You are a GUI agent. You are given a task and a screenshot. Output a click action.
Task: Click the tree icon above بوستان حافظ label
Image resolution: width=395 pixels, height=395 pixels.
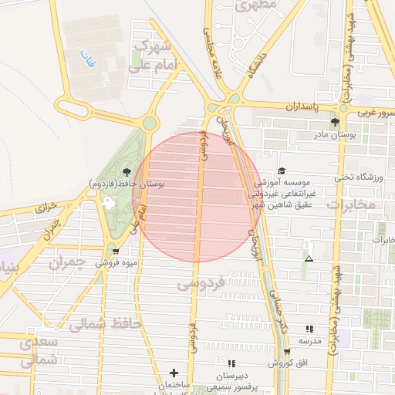pyautogui.click(x=126, y=172)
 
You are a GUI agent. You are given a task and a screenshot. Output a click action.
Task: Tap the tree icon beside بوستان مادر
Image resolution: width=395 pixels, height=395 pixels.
pyautogui.click(x=335, y=122)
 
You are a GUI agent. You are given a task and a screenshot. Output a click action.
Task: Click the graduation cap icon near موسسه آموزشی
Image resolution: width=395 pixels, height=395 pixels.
pyautogui.click(x=282, y=170)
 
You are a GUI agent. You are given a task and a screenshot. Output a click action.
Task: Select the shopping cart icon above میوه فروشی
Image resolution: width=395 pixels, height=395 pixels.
pyautogui.click(x=115, y=251)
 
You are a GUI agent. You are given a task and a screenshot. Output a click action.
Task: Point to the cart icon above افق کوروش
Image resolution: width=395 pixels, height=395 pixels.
pyautogui.click(x=287, y=352)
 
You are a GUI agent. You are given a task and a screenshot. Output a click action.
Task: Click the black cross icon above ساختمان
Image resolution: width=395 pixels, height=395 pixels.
pyautogui.click(x=174, y=373)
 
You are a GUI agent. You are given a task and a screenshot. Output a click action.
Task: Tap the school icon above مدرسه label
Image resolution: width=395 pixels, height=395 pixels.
pyautogui.click(x=309, y=329)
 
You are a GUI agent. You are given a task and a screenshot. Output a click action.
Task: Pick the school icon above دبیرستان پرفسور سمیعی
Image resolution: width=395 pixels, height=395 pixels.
pyautogui.click(x=231, y=363)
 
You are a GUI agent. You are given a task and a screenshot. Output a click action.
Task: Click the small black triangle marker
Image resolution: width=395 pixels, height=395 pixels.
pyautogui.click(x=309, y=258)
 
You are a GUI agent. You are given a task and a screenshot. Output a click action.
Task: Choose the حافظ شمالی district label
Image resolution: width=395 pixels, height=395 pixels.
pyautogui.click(x=105, y=324)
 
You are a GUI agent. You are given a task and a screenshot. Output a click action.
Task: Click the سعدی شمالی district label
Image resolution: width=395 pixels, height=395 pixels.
pyautogui.click(x=39, y=350)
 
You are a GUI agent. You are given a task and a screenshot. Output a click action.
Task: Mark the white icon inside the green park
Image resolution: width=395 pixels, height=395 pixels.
pyautogui.click(x=107, y=204)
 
